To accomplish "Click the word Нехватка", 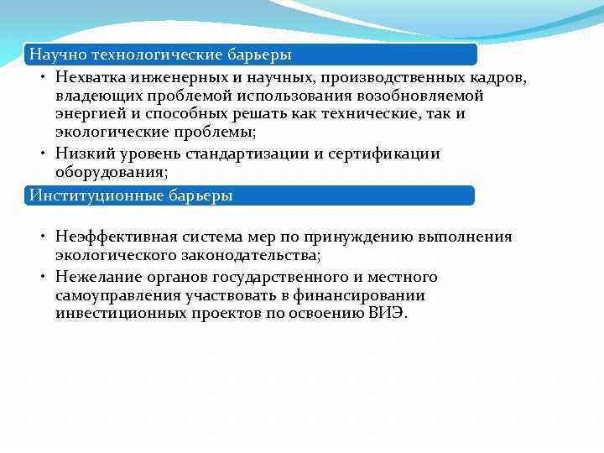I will [90, 77].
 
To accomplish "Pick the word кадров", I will [497, 77].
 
